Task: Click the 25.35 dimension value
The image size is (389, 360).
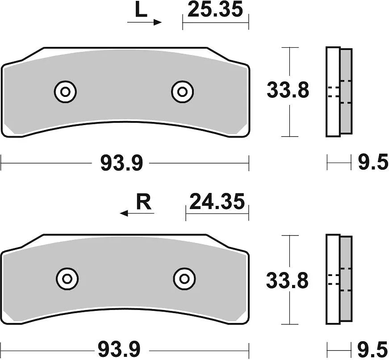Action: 215,9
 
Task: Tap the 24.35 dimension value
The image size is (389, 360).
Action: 217,202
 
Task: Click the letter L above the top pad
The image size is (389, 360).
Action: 141,10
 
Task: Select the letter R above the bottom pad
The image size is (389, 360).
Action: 143,203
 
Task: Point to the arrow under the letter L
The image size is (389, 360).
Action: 144,22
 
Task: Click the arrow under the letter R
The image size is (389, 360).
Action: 137,214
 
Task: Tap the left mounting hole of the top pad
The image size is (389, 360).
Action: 65,92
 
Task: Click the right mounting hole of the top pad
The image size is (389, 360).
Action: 182,92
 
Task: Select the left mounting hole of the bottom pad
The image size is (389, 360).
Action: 67,279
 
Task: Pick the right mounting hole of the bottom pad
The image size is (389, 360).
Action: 184,279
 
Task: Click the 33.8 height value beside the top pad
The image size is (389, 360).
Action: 288,91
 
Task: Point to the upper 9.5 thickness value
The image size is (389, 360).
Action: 373,163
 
